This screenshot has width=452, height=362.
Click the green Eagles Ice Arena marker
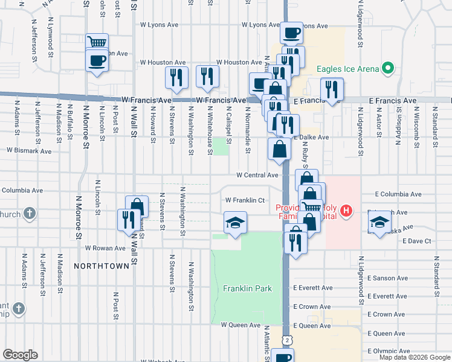pyautogui.click(x=389, y=68)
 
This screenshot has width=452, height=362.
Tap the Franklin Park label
pyautogui.click(x=247, y=288)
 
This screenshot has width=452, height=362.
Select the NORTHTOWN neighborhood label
pyautogui.click(x=102, y=265)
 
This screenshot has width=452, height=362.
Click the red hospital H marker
pyautogui.click(x=346, y=211)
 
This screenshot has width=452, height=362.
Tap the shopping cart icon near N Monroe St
pyautogui.click(x=97, y=42)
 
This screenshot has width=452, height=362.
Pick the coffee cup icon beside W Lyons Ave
pyautogui.click(x=291, y=32)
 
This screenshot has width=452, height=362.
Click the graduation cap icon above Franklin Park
pyautogui.click(x=235, y=223)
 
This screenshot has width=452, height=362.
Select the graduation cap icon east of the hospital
pyautogui.click(x=378, y=223)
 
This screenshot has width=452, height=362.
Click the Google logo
pyautogui.click(x=21, y=354)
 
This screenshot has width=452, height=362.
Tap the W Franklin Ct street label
pyautogui.click(x=245, y=200)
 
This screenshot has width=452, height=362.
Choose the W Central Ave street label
pyautogui.click(x=257, y=175)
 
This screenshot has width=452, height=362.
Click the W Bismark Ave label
pyautogui.click(x=31, y=150)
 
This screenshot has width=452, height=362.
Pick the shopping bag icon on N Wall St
pyautogui.click(x=137, y=206)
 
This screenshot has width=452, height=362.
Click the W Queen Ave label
pyautogui.click(x=240, y=325)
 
